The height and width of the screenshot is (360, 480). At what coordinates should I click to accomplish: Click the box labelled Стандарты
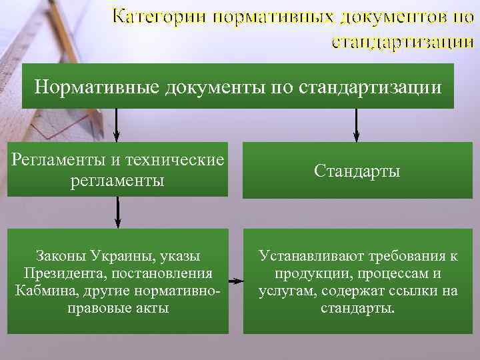pos(357,171)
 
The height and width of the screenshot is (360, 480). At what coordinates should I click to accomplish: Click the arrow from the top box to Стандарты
pos(357,125)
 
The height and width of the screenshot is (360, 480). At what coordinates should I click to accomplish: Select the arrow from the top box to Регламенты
pos(117,125)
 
